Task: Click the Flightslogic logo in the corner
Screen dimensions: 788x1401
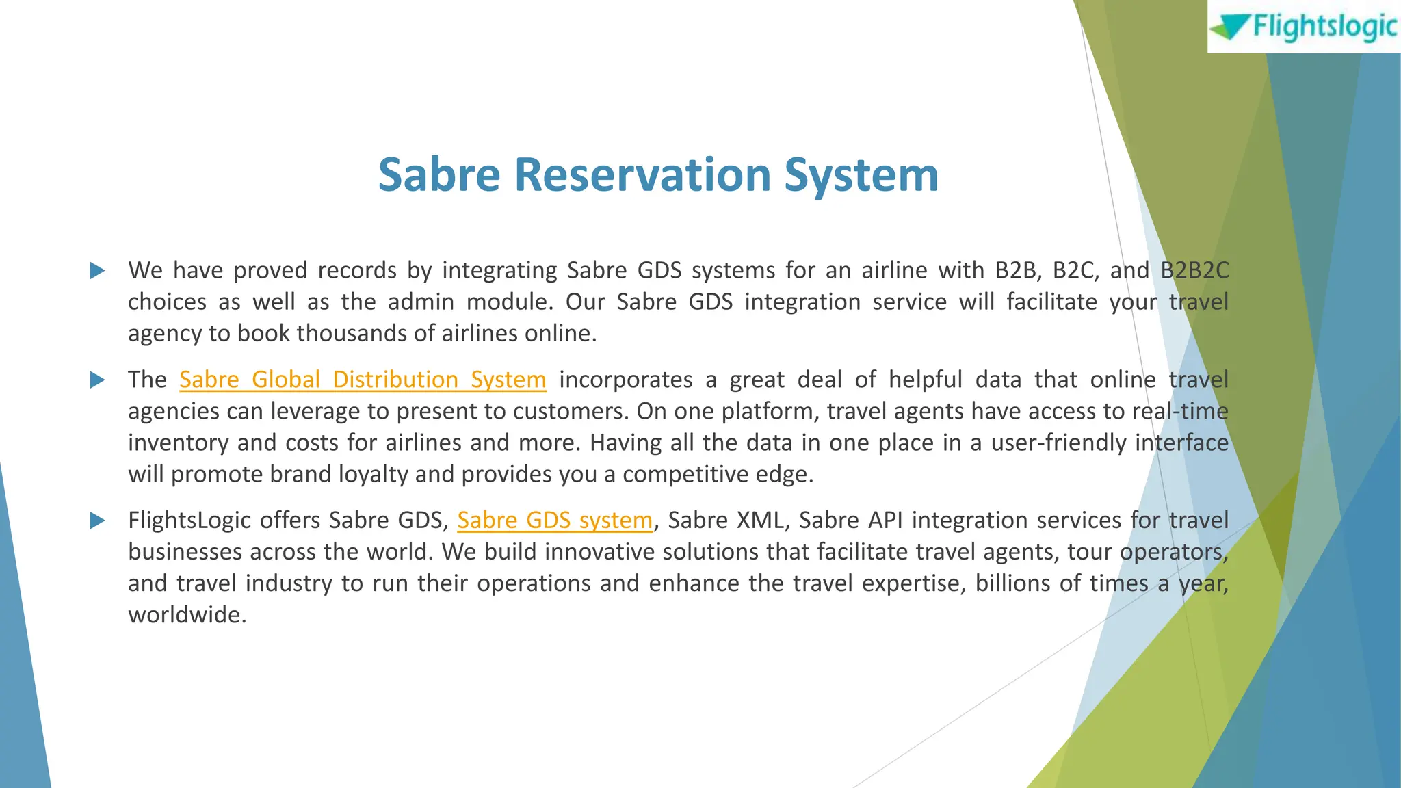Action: click(x=1304, y=27)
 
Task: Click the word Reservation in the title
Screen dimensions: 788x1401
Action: click(x=642, y=175)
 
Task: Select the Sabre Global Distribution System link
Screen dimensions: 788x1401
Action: click(x=363, y=380)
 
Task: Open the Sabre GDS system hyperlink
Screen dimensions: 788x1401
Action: click(x=555, y=521)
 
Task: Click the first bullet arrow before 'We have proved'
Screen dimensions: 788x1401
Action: click(x=97, y=271)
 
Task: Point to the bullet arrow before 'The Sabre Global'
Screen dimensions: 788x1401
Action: click(x=97, y=380)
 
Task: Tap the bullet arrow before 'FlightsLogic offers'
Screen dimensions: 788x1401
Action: click(x=97, y=521)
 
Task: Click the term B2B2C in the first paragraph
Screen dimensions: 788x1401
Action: click(x=1194, y=271)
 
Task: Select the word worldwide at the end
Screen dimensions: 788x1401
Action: click(x=186, y=615)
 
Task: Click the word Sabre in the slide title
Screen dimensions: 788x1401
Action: click(x=439, y=175)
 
